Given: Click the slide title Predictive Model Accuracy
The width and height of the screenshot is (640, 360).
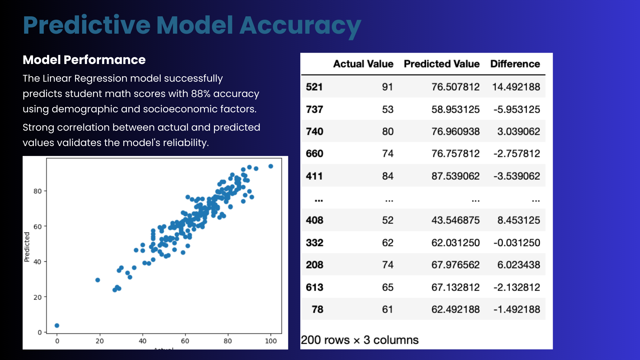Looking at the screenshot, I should click(192, 26).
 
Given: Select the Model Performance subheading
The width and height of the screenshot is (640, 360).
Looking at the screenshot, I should click(84, 60).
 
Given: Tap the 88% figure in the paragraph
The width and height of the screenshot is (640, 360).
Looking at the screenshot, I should click(200, 94).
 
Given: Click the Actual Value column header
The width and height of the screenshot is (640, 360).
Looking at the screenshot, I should click(363, 64).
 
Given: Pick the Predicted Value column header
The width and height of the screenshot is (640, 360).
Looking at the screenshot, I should click(441, 64).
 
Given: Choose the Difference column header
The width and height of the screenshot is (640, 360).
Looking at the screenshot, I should click(515, 64).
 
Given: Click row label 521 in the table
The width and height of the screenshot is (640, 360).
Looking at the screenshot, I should click(314, 87).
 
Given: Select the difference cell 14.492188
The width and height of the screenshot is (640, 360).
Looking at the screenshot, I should click(516, 87).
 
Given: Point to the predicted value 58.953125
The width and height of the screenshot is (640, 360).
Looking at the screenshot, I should click(455, 109).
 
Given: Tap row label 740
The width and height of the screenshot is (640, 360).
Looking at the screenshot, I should click(314, 132).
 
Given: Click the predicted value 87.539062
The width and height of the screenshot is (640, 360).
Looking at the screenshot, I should click(455, 176).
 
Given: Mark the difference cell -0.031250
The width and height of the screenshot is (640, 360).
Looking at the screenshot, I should click(516, 243).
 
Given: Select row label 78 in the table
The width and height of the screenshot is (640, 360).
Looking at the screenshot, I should click(317, 309).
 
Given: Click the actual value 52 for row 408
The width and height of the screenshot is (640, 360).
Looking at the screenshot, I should click(387, 220).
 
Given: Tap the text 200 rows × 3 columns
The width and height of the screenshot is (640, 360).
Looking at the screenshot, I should click(359, 340).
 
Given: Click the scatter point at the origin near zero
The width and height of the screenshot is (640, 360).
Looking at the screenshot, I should click(57, 326).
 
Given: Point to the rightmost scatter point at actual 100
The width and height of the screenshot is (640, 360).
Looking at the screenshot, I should click(271, 166).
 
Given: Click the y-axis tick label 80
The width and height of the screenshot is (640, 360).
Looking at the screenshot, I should click(37, 191).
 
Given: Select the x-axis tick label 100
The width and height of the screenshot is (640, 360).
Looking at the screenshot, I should click(271, 341).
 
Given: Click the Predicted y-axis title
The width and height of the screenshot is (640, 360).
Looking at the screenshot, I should click(27, 247).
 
